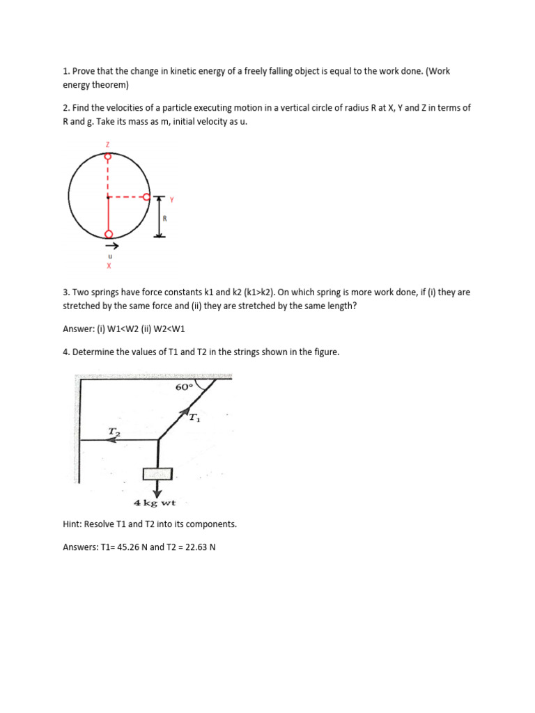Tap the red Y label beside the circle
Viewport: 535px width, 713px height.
171,200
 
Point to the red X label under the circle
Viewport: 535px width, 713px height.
109,265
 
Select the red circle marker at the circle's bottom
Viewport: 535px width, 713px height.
107,234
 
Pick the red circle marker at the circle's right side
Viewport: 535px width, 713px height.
146,197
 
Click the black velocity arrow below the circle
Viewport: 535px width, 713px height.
111,245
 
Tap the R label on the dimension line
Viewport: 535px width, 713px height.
165,218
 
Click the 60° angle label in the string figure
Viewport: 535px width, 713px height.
183,388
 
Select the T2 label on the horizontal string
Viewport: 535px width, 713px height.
114,432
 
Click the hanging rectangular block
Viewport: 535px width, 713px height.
157,473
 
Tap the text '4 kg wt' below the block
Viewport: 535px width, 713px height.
155,502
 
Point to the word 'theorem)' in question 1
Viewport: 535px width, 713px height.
121,85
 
